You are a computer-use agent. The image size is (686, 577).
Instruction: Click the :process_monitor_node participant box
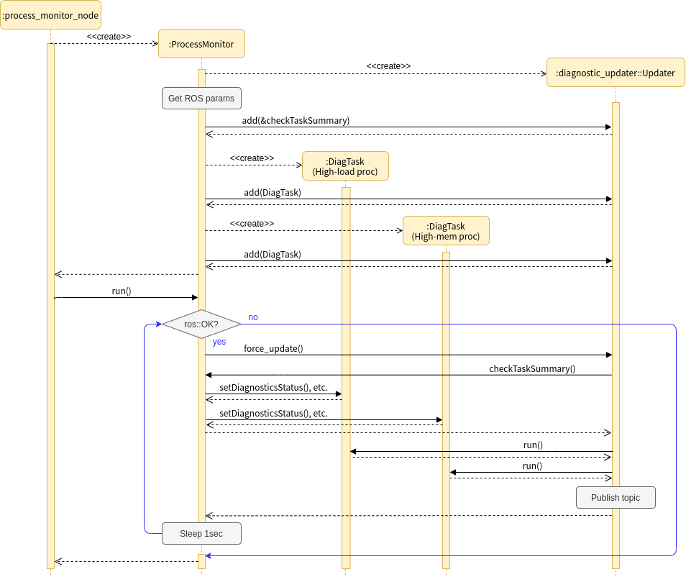(x=50, y=15)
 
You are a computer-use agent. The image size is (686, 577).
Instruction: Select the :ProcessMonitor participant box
(x=201, y=44)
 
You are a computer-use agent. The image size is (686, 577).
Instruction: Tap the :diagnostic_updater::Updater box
(x=616, y=73)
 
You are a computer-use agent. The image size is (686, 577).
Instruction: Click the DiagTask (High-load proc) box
(x=345, y=166)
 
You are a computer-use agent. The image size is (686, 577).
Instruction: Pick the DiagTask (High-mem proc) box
(x=446, y=231)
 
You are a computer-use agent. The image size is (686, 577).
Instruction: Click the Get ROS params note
(x=201, y=99)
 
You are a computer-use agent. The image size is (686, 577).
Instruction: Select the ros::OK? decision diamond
(x=201, y=324)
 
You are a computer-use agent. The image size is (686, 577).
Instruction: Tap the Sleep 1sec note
(x=201, y=534)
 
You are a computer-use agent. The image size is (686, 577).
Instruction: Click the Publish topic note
(x=616, y=498)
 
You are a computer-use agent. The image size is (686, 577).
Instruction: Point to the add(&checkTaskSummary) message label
(x=296, y=121)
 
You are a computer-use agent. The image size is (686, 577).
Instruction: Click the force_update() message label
(x=273, y=349)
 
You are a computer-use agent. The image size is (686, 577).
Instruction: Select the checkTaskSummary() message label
(x=532, y=369)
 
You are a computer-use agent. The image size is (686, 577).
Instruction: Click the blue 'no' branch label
(x=253, y=317)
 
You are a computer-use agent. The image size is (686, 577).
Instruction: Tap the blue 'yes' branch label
(x=219, y=342)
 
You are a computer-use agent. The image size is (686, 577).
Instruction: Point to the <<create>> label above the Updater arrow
(x=388, y=66)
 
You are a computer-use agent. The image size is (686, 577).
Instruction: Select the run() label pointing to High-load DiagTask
(x=533, y=445)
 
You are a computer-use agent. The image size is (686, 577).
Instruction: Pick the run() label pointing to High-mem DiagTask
(x=532, y=466)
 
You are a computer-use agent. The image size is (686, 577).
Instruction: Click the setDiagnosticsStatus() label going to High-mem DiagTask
(x=273, y=414)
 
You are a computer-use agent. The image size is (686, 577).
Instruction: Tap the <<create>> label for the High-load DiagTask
(x=252, y=158)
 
